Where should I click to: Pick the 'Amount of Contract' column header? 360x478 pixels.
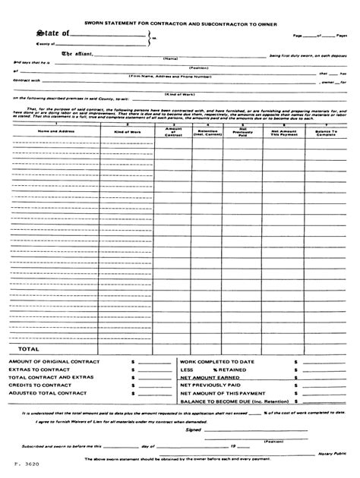tap(173, 131)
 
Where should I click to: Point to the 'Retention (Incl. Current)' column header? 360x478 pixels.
tap(207, 131)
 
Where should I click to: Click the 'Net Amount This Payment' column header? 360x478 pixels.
tap(282, 131)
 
